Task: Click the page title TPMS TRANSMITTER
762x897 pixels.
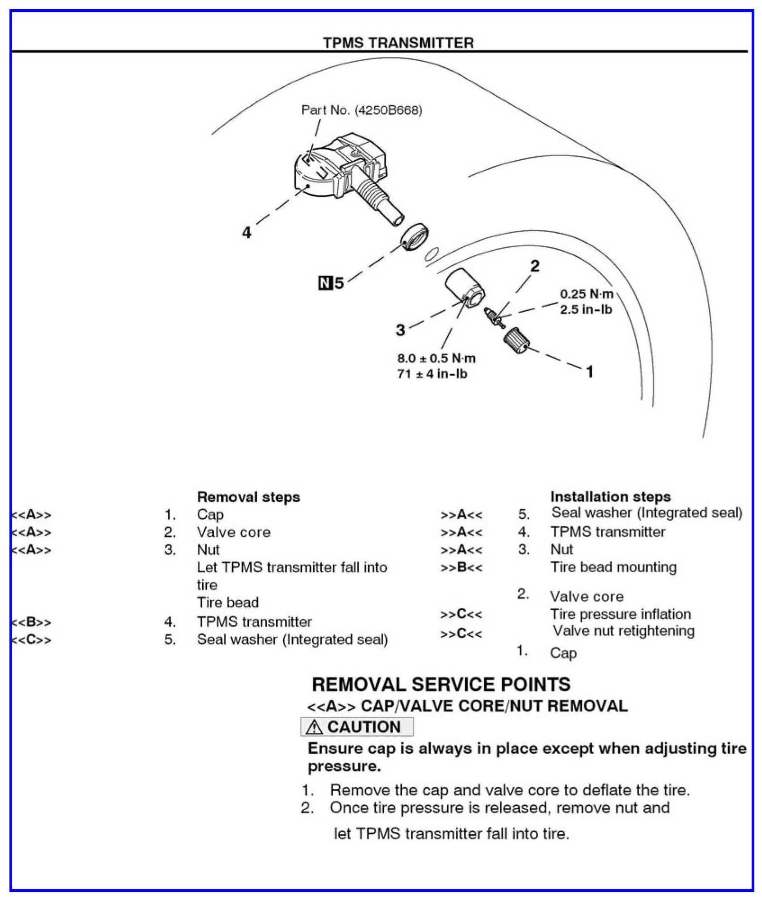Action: tap(398, 43)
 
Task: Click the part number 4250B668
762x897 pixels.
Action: tap(388, 110)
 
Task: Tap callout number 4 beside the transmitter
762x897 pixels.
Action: tap(246, 232)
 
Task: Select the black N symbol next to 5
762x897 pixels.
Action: tap(325, 283)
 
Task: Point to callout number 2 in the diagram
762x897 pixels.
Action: tap(535, 266)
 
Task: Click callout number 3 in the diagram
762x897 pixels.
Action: tap(400, 330)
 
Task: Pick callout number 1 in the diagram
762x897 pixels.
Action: tap(590, 371)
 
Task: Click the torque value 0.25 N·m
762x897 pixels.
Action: tap(586, 294)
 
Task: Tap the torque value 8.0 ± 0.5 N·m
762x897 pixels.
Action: tap(436, 358)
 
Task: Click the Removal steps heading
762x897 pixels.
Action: tap(248, 497)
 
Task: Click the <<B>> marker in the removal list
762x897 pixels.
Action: tap(32, 622)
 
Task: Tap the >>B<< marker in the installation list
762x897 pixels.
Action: tap(461, 567)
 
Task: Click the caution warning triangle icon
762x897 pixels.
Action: tap(314, 727)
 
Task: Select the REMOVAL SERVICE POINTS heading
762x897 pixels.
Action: tap(441, 684)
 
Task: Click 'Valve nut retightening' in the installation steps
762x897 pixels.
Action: tap(623, 631)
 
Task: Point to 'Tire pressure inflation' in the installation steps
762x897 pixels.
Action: tap(620, 614)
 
